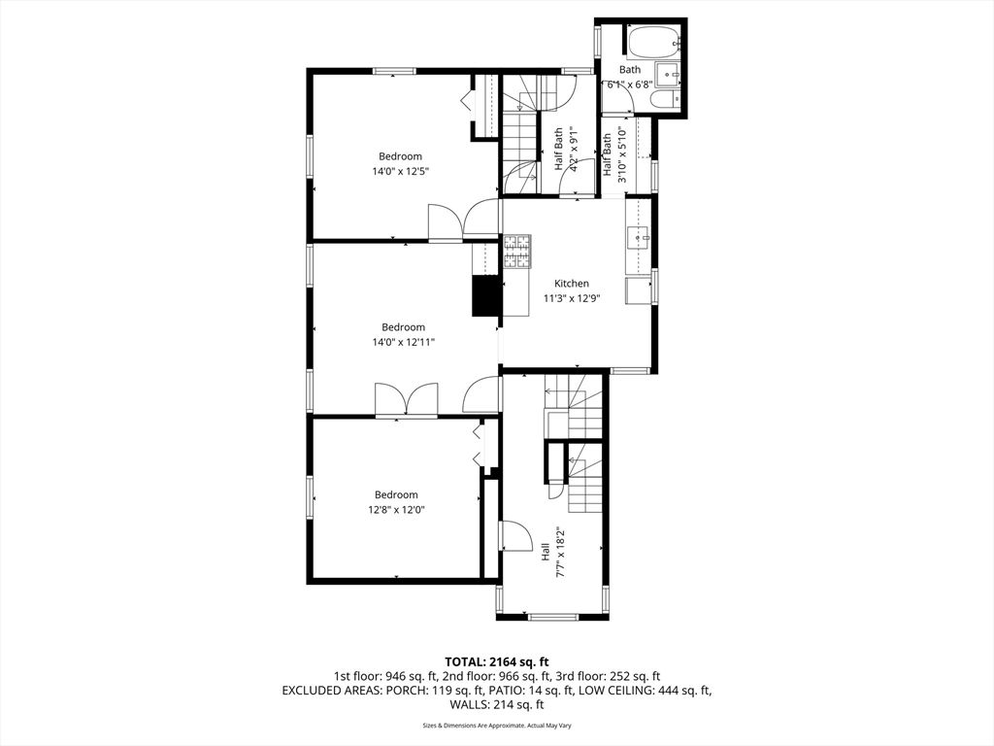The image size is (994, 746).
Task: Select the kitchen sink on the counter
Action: pos(639,236)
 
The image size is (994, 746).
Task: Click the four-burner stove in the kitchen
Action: pos(517,252)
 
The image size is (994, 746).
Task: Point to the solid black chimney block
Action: pos(484,296)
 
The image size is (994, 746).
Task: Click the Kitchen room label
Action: pos(572,284)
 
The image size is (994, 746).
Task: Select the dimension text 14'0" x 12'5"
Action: pos(401,171)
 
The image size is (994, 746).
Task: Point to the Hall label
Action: pos(546,552)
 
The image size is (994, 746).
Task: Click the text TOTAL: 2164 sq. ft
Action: pos(496,659)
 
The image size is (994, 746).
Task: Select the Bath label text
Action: pos(630,70)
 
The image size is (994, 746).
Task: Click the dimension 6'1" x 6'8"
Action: pos(630,85)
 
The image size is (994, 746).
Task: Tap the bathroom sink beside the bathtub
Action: pos(668,74)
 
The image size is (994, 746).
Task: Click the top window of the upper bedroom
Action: pos(395,70)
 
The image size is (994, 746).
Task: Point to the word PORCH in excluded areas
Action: pos(425,691)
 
